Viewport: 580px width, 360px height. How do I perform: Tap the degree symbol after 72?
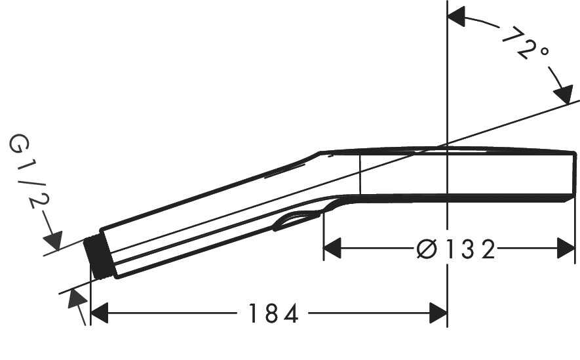541,54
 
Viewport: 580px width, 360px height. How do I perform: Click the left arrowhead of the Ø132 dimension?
333,249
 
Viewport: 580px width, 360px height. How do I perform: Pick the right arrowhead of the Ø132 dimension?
566,249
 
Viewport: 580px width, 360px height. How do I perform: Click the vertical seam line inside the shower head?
360,174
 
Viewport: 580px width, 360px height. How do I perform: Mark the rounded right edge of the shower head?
573,174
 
